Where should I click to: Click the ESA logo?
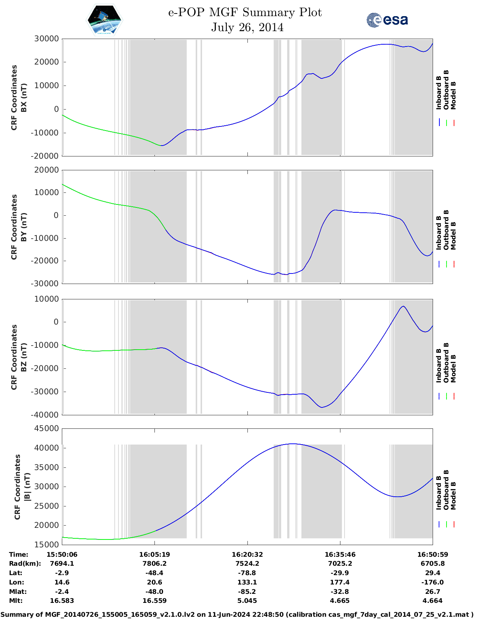click(x=387, y=20)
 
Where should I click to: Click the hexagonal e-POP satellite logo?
click(x=104, y=20)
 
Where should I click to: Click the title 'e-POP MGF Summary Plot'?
click(x=245, y=12)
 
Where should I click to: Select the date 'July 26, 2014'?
click(x=247, y=27)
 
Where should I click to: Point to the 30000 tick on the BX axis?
click(x=46, y=39)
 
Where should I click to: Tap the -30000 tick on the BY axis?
click(x=45, y=284)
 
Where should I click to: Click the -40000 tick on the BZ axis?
click(x=45, y=415)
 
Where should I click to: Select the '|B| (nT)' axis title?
click(x=27, y=487)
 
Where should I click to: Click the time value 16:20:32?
click(x=247, y=554)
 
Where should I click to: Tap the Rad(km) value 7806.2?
click(x=154, y=563)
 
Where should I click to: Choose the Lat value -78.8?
click(x=247, y=573)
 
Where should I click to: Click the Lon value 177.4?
click(x=340, y=582)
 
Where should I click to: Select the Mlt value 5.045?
click(x=247, y=601)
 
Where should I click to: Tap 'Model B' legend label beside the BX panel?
click(x=453, y=95)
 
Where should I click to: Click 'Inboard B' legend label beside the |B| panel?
click(x=439, y=491)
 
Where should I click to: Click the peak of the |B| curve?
click(x=292, y=444)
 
